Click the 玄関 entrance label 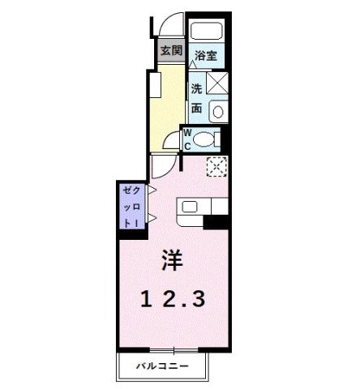click(170, 51)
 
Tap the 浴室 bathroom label click(206, 56)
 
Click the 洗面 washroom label click(197, 97)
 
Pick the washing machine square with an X click(217, 83)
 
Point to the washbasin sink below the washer click(217, 110)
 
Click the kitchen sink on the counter click(190, 206)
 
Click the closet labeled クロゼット click(131, 207)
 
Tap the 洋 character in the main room click(171, 261)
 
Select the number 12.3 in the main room click(172, 298)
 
